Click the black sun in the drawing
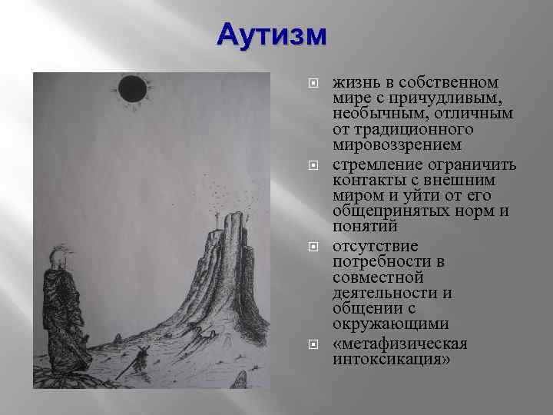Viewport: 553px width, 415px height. point(131,89)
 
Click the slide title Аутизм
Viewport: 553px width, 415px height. point(272,35)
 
